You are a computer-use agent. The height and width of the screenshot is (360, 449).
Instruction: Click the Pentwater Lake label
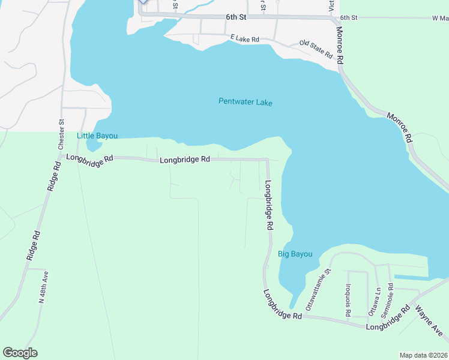245,103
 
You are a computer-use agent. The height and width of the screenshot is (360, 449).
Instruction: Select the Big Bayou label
295,254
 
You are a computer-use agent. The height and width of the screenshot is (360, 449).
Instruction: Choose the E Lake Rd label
244,38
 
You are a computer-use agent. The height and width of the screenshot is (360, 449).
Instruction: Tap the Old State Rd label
316,49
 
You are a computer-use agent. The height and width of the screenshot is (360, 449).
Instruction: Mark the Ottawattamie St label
319,289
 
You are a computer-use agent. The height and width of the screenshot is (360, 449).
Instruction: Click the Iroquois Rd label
348,298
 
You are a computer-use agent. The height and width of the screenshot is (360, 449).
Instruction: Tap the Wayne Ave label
430,320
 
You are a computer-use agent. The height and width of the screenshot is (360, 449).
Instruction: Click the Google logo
20,353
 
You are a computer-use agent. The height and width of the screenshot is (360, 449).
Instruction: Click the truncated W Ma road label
439,19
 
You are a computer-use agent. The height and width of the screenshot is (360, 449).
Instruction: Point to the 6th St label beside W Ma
348,19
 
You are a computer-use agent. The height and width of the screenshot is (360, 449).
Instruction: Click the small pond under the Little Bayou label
94,145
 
